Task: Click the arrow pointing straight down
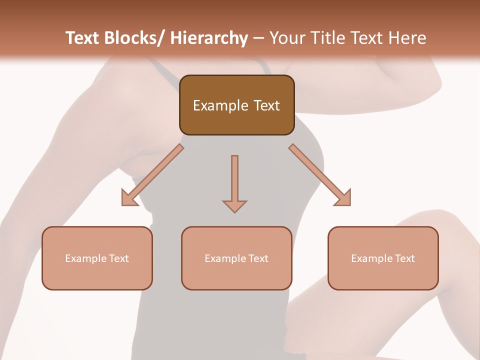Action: pyautogui.click(x=234, y=182)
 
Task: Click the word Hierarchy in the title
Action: pyautogui.click(x=209, y=38)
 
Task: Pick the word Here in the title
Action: pyautogui.click(x=409, y=38)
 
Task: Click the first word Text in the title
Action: pyautogui.click(x=82, y=38)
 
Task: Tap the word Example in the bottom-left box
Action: pyautogui.click(x=85, y=258)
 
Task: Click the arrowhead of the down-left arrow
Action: pyautogui.click(x=129, y=198)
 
